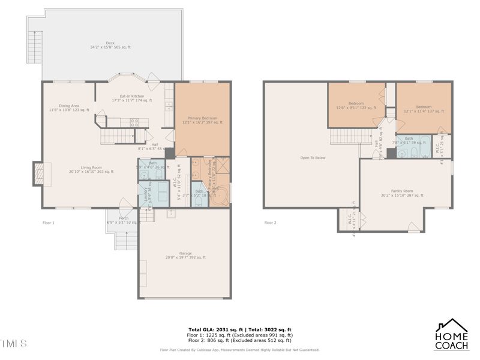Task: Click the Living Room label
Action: click(91, 169)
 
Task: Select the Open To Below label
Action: click(313, 158)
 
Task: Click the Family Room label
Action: click(402, 193)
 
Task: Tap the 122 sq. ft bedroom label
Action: click(356, 106)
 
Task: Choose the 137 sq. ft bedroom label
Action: click(424, 109)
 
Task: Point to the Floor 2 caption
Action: click(271, 223)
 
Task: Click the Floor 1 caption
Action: click(49, 223)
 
